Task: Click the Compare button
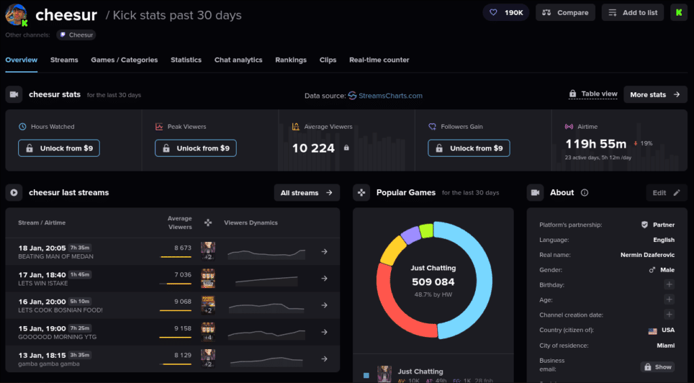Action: click(x=565, y=12)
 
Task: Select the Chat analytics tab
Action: click(x=238, y=60)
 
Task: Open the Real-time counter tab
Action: click(x=379, y=60)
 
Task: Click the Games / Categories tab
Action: click(x=124, y=60)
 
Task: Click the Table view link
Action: click(x=593, y=94)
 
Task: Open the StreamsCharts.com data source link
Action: click(x=386, y=96)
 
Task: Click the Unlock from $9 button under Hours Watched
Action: click(x=59, y=148)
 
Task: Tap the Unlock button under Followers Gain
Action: click(x=469, y=148)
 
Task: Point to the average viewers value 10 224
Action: click(x=313, y=148)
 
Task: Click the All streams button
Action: click(x=306, y=193)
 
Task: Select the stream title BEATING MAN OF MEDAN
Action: click(x=56, y=257)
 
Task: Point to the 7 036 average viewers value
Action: click(x=183, y=275)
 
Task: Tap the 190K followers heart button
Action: click(x=506, y=12)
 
